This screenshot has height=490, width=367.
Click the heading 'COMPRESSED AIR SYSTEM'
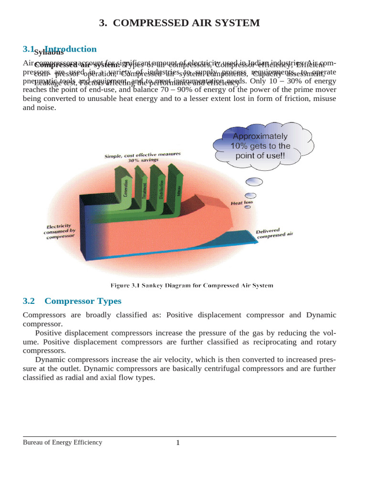pos(187,23)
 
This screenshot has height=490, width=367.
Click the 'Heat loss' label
pos(242,203)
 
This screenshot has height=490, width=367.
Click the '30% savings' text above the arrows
pos(142,160)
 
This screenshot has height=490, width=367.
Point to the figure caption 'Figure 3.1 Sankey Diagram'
pos(192,286)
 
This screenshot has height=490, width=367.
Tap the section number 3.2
pos(29,301)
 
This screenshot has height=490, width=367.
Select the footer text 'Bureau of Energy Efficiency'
pos(63,443)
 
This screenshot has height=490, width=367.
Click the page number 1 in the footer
pos(178,443)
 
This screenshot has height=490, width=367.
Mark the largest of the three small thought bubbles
pos(254,182)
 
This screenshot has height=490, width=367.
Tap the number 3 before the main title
pos(102,23)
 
